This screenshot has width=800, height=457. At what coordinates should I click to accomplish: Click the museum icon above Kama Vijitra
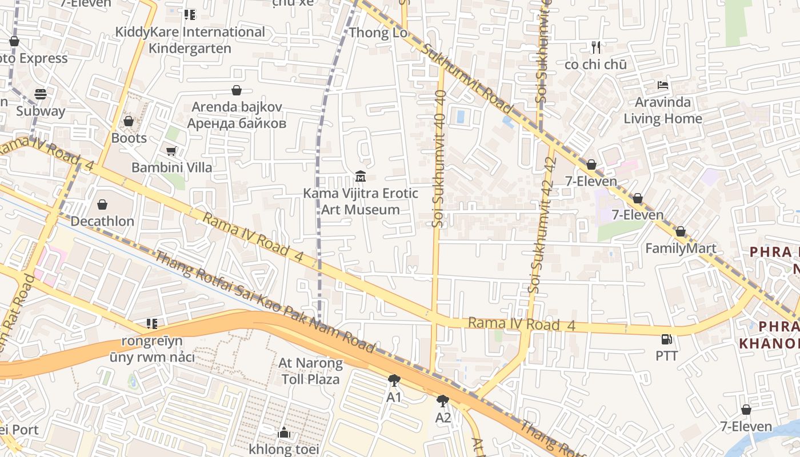[x=360, y=176]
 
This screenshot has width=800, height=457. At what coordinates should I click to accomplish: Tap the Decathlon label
[x=102, y=221]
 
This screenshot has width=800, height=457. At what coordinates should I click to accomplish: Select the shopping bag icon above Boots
[x=129, y=121]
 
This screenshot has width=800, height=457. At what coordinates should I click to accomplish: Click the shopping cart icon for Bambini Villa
[x=171, y=151]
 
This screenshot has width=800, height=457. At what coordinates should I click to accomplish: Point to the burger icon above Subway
[x=40, y=94]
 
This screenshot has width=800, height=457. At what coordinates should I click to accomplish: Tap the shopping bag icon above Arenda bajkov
[x=237, y=90]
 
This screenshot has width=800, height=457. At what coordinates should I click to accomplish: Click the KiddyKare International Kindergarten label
[x=190, y=40]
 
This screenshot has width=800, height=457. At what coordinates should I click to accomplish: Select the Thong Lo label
[x=378, y=33]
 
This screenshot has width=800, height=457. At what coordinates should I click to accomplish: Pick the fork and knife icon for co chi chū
[x=596, y=47]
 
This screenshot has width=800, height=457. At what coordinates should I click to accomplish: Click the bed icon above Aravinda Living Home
[x=663, y=85]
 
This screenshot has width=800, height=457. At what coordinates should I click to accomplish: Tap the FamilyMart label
[x=681, y=248]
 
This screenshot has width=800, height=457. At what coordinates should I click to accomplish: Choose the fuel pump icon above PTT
[x=666, y=339]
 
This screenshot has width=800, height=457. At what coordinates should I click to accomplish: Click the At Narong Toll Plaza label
[x=310, y=371]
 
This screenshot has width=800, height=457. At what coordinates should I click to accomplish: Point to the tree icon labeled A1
[x=394, y=380]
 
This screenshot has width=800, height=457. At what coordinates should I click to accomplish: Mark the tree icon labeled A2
[x=443, y=401]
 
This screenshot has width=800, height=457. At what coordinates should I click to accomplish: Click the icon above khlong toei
[x=284, y=433]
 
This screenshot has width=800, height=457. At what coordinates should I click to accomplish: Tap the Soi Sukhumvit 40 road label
[x=439, y=158]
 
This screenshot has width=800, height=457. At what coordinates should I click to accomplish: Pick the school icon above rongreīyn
[x=151, y=324]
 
